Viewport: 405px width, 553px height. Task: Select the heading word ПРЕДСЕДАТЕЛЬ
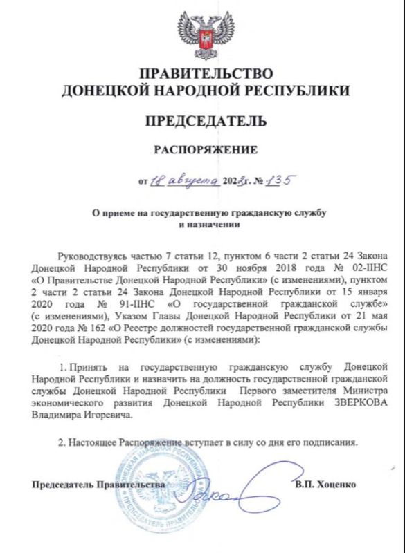(206, 122)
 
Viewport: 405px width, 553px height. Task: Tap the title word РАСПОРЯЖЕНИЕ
(206, 150)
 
